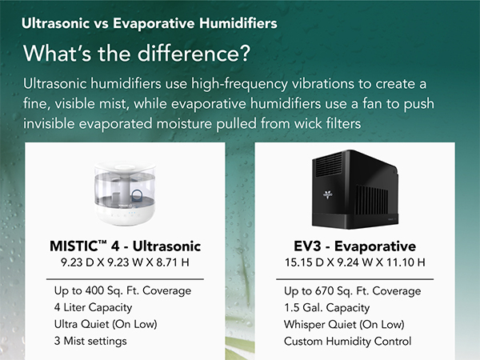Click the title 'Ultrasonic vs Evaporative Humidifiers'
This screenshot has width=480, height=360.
coord(150,24)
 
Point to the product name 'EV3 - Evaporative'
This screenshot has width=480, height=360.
coord(354,246)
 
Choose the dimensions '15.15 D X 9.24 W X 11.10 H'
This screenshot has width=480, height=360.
coord(354,262)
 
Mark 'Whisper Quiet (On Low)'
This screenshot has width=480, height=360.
coord(342,325)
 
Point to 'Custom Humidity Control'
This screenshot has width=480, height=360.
coord(347,341)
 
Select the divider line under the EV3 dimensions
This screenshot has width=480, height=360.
coord(354,278)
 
